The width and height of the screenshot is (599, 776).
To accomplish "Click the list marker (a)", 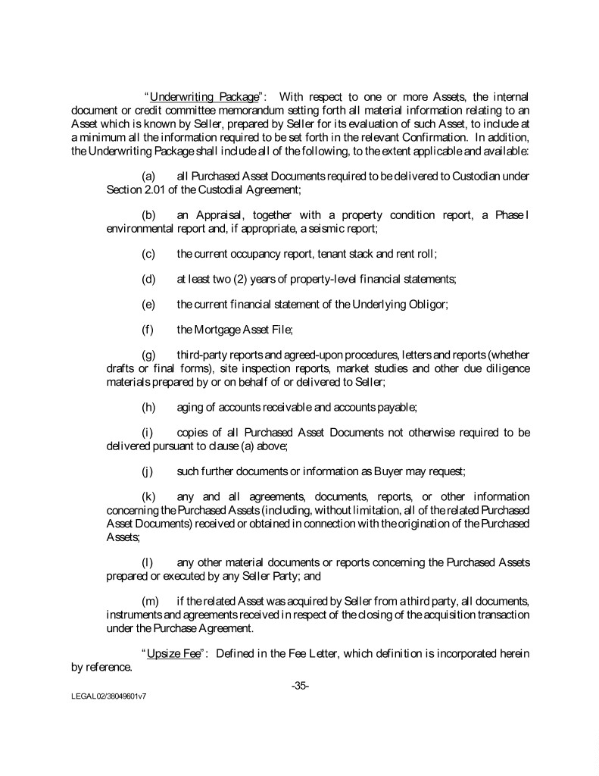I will tap(149, 177).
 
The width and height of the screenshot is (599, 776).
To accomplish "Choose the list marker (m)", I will tap(150, 601).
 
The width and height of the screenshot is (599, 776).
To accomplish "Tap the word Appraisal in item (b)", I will tap(213, 214).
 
